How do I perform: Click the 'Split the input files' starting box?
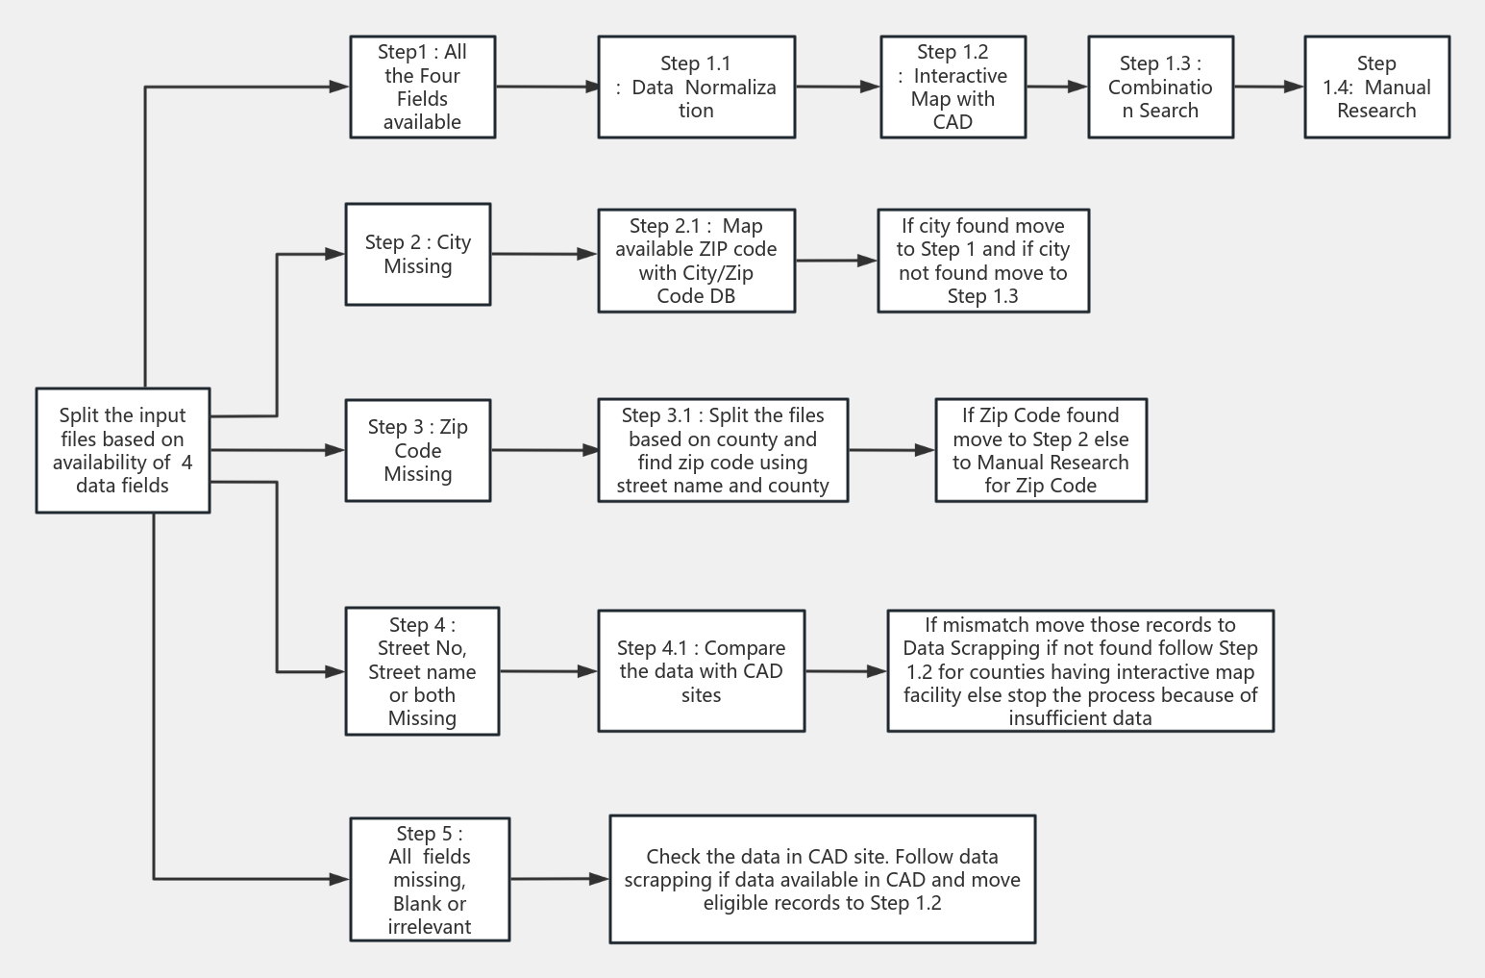coord(123,450)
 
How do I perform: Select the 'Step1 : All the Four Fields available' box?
coord(422,88)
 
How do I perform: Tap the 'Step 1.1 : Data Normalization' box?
coord(696,88)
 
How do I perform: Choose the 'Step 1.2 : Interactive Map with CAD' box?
coord(953,88)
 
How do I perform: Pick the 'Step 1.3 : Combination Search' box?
coord(1160,88)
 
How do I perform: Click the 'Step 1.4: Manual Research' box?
coord(1376,88)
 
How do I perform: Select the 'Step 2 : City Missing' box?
coord(418,255)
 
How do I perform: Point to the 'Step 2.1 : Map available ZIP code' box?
coord(696,261)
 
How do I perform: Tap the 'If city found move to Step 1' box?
coord(983,261)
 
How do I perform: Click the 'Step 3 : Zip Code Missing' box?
coord(418,450)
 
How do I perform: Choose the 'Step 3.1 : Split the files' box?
coord(723,450)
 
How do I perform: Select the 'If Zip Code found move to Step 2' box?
coord(1041,450)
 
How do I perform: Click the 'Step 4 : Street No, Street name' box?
coord(422,671)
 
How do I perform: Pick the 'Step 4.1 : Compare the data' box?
coord(701,671)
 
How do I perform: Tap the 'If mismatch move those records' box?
coord(1080,671)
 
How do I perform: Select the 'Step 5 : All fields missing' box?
coord(430,879)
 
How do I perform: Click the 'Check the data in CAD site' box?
coord(822,879)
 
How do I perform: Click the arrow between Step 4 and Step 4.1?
coord(548,671)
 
